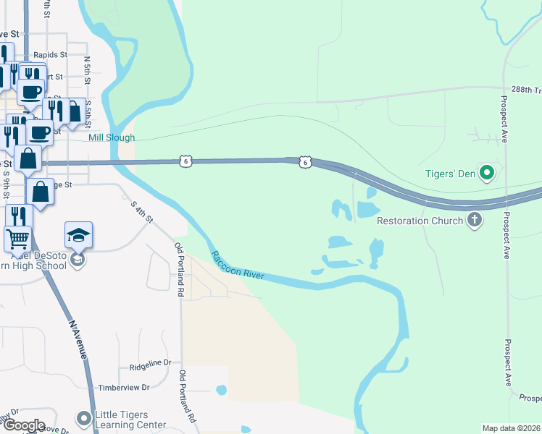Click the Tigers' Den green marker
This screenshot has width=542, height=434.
488,173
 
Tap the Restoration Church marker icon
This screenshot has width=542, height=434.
475,220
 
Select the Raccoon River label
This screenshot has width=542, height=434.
238,265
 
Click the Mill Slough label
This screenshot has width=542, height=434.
111,137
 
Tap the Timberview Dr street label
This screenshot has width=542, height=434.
123,388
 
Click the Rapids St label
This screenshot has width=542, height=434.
50,54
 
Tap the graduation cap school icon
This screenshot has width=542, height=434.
78,235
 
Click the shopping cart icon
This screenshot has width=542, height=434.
18,238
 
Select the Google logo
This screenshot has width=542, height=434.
23,425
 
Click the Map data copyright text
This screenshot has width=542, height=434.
511,428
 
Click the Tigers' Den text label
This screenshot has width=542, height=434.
451,174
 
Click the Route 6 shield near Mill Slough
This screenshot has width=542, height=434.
187,162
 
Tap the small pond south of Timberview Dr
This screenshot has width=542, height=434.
221,391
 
